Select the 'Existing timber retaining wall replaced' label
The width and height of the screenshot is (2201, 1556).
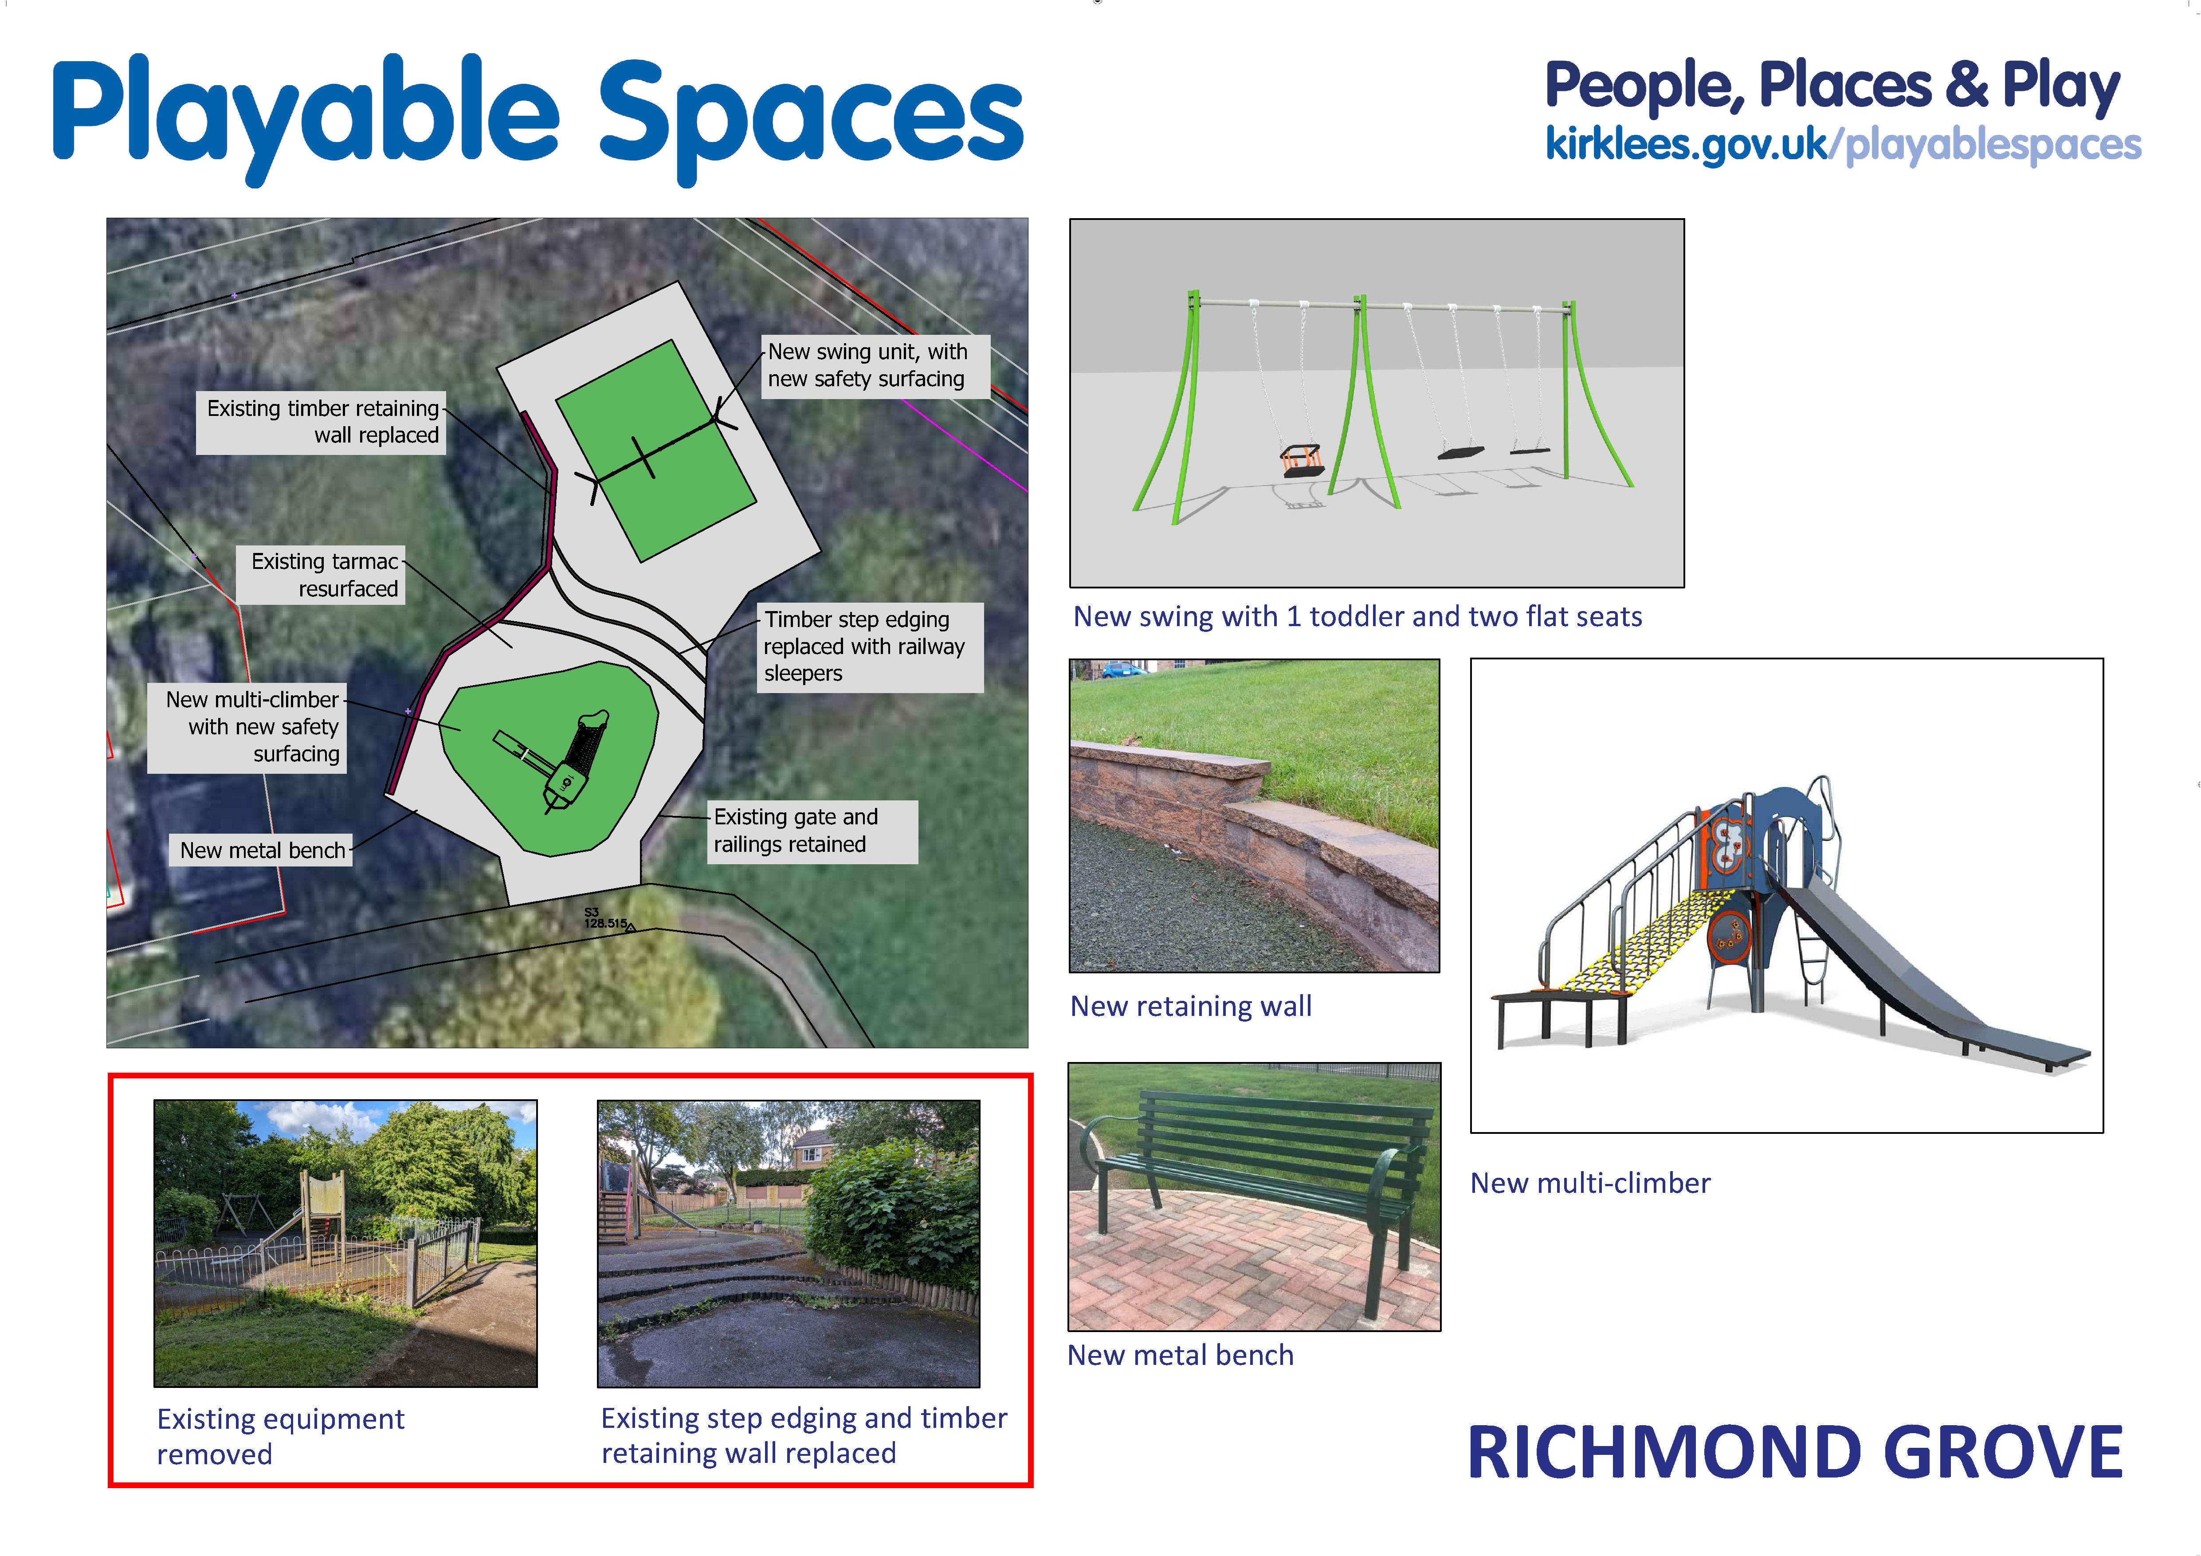pyautogui.click(x=321, y=422)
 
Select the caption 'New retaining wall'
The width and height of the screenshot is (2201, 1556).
pyautogui.click(x=1191, y=1006)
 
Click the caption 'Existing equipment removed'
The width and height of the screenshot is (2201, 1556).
pyautogui.click(x=280, y=1436)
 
